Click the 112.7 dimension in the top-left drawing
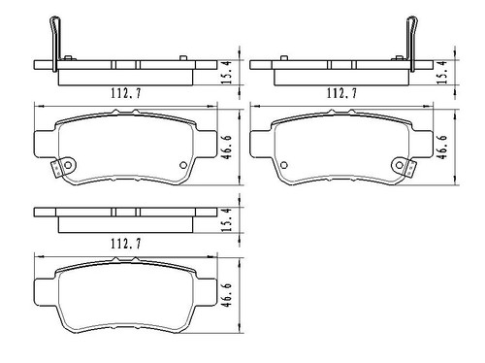point(123,95)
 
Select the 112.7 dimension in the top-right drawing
point(339,95)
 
